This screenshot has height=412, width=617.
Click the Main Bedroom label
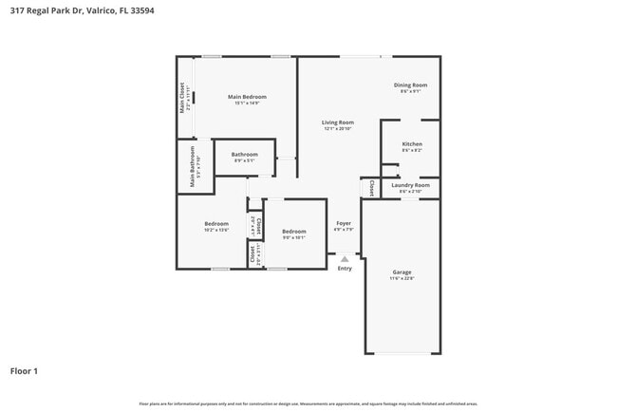click(x=246, y=96)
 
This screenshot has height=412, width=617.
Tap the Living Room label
click(x=337, y=122)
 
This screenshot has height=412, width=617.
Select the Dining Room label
click(x=411, y=84)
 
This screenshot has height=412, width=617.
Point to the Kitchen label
click(x=412, y=143)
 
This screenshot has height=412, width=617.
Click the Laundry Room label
click(x=411, y=185)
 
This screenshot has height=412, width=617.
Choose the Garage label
click(x=402, y=272)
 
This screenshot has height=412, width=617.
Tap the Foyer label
click(x=344, y=223)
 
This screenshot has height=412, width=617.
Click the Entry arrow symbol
click(x=345, y=258)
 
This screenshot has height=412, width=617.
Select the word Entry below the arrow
click(x=345, y=269)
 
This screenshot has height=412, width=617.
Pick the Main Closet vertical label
click(x=183, y=98)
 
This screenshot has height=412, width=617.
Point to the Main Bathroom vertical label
click(x=193, y=166)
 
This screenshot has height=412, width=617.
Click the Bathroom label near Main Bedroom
click(x=244, y=154)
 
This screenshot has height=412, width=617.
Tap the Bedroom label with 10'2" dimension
click(x=216, y=224)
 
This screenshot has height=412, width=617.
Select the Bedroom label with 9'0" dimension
click(x=293, y=231)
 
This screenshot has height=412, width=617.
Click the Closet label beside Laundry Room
click(x=371, y=188)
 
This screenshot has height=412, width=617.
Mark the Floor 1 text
click(x=24, y=370)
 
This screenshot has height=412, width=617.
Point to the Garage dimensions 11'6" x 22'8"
click(x=402, y=278)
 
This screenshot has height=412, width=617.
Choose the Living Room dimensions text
click(x=337, y=128)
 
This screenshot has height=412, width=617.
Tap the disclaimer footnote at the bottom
click(x=308, y=403)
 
